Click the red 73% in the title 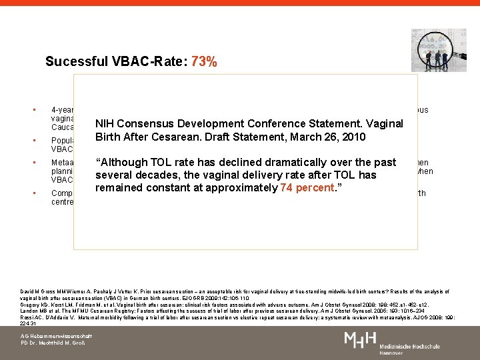click(x=203, y=62)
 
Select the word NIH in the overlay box click(x=106, y=124)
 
